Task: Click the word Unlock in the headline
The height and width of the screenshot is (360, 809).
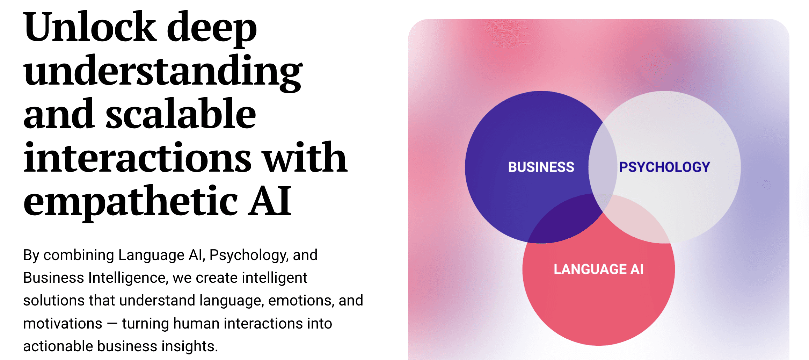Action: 89,27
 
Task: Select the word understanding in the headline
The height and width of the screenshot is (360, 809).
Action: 163,71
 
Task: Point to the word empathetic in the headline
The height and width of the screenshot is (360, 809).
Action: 131,201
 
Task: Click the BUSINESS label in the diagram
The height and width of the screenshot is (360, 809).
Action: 541,167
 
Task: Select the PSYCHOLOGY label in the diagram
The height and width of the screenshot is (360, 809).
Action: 664,167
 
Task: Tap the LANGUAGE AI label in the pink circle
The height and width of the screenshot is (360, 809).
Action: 598,269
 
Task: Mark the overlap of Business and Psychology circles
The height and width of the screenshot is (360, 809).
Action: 603,164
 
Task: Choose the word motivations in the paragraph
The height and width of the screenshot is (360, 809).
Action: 63,323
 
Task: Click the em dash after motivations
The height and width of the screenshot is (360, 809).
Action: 112,323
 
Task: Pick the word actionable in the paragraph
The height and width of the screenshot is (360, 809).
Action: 58,346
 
